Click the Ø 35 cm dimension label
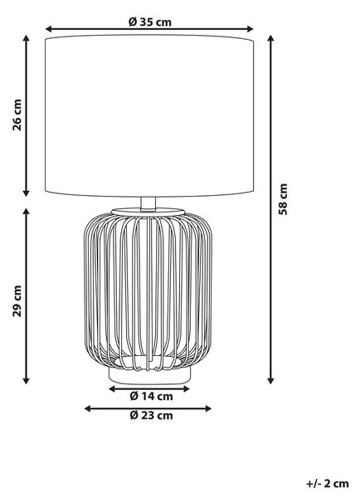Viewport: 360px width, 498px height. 150,22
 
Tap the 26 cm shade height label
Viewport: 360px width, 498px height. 17,115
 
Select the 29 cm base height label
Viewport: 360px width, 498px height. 17,300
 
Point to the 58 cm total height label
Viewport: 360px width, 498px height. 283,199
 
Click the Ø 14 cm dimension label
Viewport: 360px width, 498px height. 152,396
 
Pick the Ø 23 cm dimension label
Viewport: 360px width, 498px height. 152,415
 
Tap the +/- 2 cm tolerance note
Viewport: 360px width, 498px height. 328,483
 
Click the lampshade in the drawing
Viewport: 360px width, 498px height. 149,116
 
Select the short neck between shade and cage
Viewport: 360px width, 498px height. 148,203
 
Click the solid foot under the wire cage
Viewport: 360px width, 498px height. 150,376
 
